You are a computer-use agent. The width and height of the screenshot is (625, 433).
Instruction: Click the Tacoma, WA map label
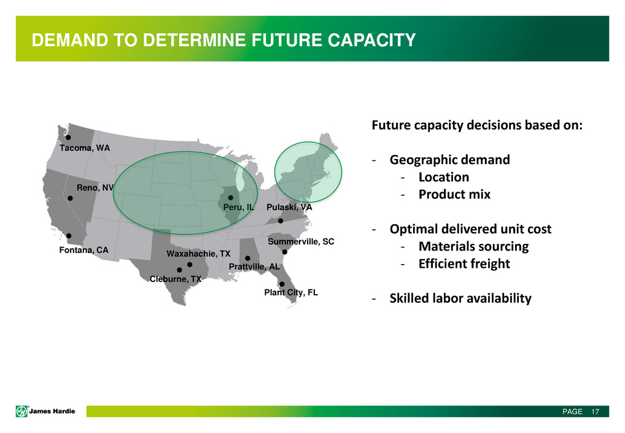(85, 148)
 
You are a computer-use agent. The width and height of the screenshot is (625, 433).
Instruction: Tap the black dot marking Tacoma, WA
(68, 137)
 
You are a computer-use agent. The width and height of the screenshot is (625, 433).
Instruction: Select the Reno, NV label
(95, 187)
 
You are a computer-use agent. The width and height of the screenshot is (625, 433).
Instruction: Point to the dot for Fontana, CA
(69, 236)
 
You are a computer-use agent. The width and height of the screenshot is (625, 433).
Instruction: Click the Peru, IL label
(238, 207)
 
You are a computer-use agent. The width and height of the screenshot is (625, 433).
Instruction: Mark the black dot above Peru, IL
(230, 198)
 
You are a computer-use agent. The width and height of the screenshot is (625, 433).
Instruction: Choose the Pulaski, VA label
(289, 207)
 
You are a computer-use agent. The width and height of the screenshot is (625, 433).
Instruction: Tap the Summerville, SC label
(301, 241)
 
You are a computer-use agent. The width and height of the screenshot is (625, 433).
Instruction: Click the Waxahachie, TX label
(198, 254)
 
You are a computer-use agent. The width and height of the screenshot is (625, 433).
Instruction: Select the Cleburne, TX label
(176, 279)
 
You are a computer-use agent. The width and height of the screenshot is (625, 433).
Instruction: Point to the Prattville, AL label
(254, 267)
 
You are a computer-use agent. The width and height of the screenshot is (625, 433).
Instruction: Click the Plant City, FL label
(291, 292)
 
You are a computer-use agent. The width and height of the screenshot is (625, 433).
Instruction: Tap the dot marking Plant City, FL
(282, 284)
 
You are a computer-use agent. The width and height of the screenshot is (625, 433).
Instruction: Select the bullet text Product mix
(454, 194)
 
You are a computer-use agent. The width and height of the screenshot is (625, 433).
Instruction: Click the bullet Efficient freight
(464, 263)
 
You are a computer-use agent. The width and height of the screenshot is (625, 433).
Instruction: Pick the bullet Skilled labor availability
(460, 298)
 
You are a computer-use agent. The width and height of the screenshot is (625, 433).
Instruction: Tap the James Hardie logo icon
(21, 411)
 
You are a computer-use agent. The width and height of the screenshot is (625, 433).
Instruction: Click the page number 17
(595, 412)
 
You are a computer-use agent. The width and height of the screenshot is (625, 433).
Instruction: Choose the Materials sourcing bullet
(473, 246)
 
